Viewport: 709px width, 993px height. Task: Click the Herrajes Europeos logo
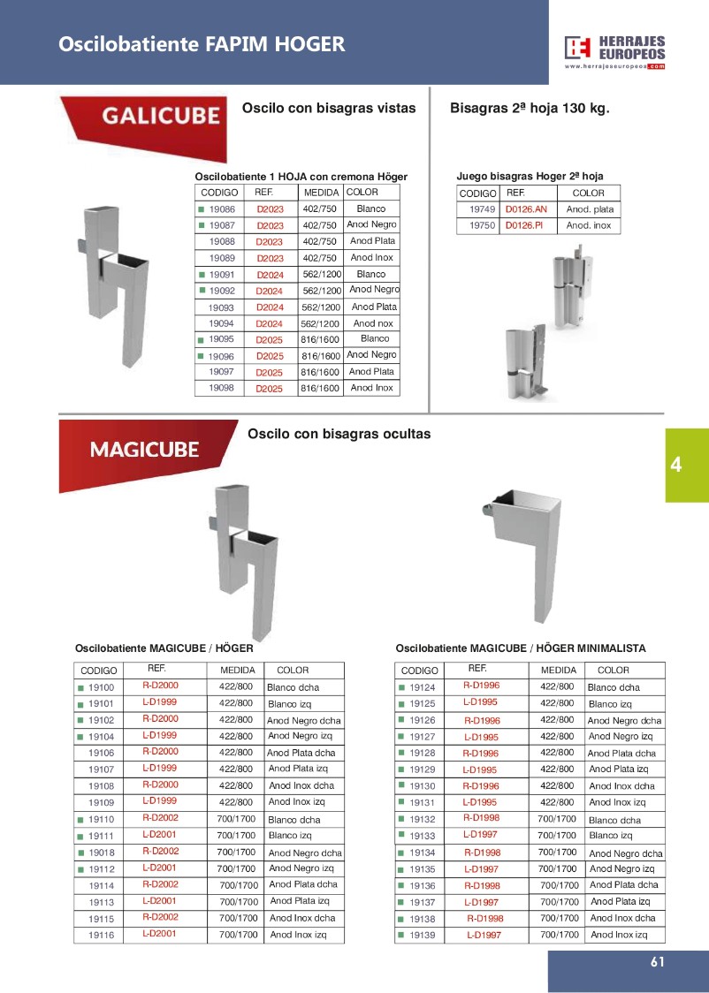coord(615,52)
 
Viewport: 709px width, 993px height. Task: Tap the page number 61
coord(656,963)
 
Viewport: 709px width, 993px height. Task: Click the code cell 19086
coord(221,209)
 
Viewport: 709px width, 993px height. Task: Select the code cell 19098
coord(221,388)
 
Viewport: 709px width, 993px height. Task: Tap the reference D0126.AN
coord(526,209)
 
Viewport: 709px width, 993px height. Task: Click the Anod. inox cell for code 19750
coord(589,226)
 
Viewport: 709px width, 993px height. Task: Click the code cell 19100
coord(101,687)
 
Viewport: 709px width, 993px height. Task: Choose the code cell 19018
coord(101,853)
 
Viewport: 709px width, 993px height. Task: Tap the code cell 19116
coord(101,935)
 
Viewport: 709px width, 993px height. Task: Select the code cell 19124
coord(422,687)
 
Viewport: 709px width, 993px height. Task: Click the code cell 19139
coord(422,935)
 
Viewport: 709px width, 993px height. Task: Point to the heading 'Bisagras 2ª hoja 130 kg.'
coord(530,109)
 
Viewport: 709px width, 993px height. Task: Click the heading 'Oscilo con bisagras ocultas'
coord(339,435)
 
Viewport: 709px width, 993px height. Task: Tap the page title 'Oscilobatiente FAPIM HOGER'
coord(202,44)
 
